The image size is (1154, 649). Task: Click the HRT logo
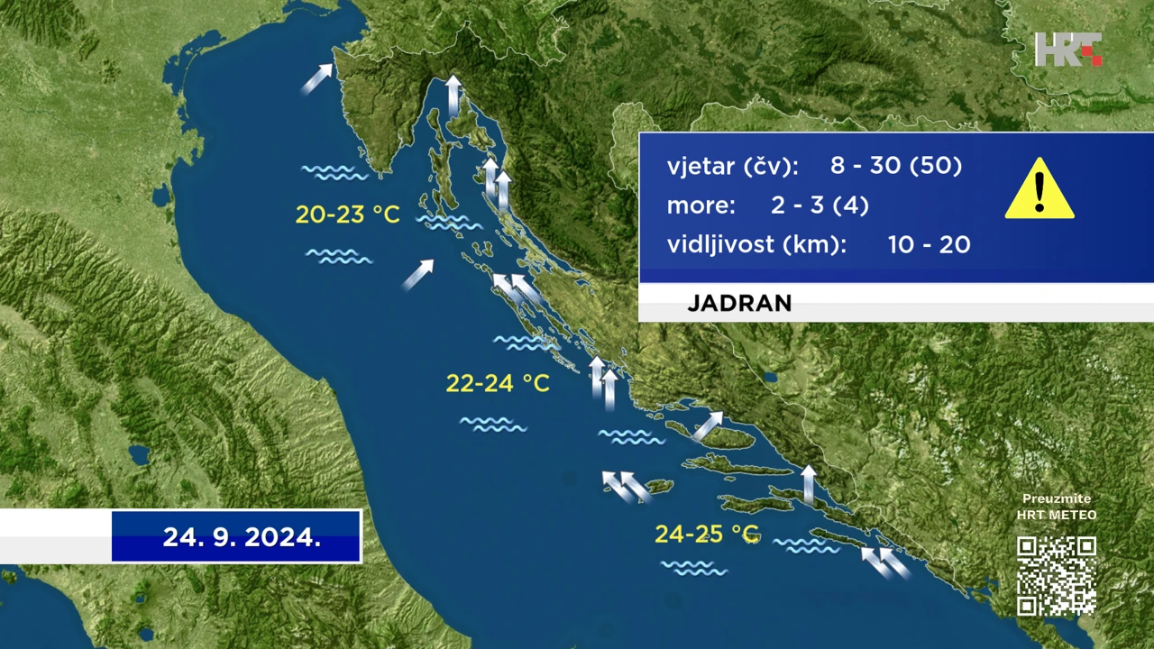[1068, 50]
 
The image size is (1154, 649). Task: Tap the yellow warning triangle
[1040, 188]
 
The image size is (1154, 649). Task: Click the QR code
[1056, 576]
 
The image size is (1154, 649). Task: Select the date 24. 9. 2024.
[242, 537]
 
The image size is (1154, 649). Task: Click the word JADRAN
[739, 303]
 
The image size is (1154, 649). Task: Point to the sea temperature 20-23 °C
[348, 215]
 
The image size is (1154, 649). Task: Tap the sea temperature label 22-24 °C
[498, 383]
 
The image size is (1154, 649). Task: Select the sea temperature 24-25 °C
[707, 535]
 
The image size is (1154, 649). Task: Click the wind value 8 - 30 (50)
[896, 165]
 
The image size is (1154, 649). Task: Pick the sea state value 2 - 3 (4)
[820, 205]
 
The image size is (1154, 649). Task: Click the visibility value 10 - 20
[929, 244]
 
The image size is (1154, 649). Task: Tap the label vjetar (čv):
[733, 167]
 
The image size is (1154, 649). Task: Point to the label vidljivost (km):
[756, 244]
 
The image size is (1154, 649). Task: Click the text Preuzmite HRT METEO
[1056, 507]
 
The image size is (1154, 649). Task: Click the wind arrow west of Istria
[316, 78]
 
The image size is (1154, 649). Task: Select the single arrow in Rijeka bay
[453, 95]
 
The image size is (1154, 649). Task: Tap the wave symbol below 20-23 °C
[338, 256]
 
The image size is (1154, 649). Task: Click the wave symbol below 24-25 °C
[694, 568]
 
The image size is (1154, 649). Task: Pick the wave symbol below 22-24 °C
[493, 425]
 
